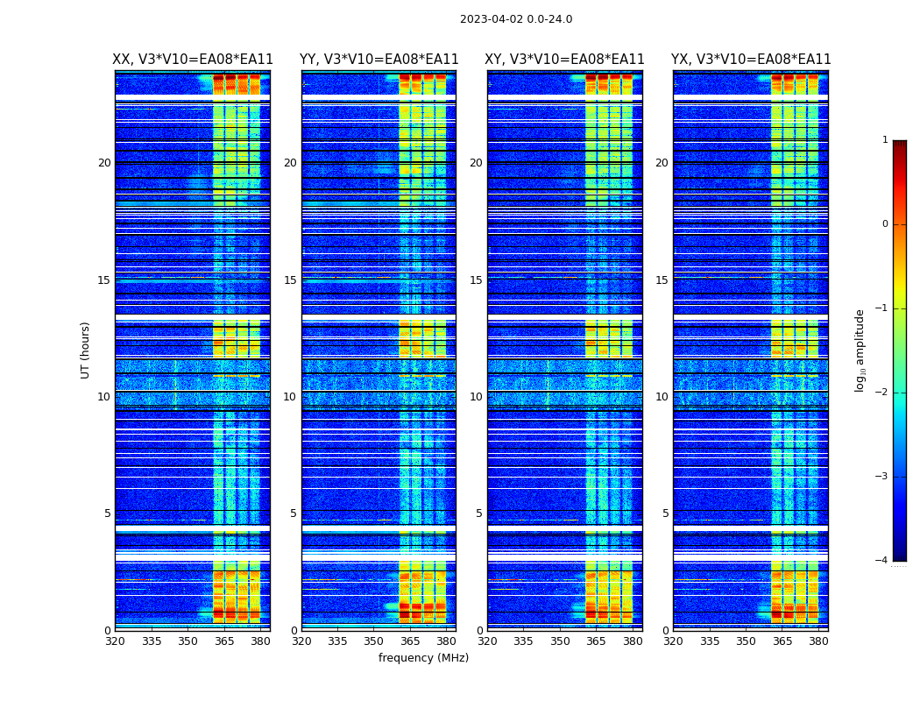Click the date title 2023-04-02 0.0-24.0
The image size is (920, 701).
516,19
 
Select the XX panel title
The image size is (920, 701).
193,60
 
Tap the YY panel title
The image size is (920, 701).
379,60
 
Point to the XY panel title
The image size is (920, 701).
565,60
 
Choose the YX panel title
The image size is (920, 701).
751,60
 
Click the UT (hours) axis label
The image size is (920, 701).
86,350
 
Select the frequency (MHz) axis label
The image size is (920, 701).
423,658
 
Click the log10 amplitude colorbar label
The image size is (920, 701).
860,350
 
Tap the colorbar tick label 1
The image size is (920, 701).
884,140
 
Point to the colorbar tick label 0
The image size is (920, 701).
884,224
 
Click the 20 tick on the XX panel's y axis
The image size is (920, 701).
104,163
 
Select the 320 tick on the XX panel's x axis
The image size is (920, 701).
115,641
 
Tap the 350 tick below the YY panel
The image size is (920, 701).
374,641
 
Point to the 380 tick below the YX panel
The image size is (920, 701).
818,641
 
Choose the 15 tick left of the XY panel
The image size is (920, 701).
476,280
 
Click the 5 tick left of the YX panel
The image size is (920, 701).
666,513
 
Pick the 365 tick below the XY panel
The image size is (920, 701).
596,641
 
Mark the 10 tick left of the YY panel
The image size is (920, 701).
290,397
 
